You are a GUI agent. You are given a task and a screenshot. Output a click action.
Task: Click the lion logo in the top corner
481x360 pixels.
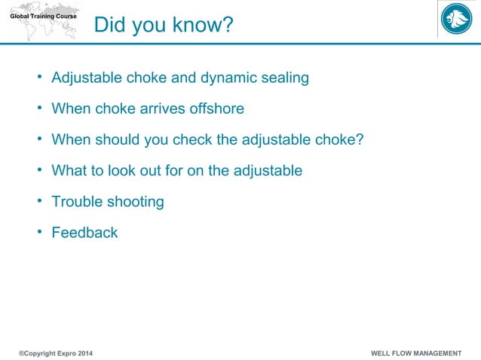tap(456, 20)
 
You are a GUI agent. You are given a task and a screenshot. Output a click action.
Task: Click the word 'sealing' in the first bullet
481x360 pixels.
tap(284, 78)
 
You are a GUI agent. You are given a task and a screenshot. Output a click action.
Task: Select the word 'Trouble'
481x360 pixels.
tap(75, 201)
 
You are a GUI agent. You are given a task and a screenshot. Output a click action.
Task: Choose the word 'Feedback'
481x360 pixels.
tap(84, 233)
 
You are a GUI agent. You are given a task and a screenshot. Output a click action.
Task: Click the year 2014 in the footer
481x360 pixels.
tap(87, 353)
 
